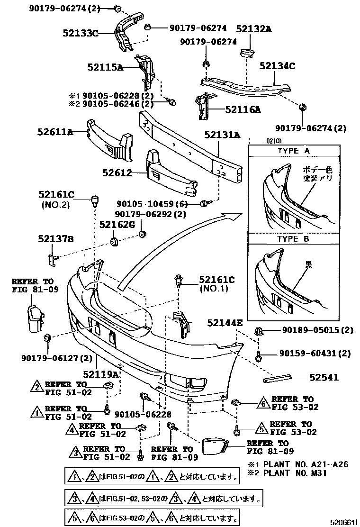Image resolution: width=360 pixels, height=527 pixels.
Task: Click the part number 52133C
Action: (80, 33)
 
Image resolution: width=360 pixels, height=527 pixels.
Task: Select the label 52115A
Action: (105, 68)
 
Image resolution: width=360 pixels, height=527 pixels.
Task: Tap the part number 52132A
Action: (254, 29)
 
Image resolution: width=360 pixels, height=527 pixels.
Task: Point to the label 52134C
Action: (277, 66)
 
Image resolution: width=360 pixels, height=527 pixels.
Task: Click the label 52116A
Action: (243, 110)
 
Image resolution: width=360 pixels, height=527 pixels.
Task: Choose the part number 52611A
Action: (55, 132)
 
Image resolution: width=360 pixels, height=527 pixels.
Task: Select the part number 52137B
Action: (55, 239)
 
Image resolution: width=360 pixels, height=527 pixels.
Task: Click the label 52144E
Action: (225, 323)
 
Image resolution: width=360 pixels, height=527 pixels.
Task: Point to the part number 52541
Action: (324, 377)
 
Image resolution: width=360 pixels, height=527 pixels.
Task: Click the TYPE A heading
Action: (293, 151)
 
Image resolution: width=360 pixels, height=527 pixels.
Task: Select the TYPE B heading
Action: (293, 239)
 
